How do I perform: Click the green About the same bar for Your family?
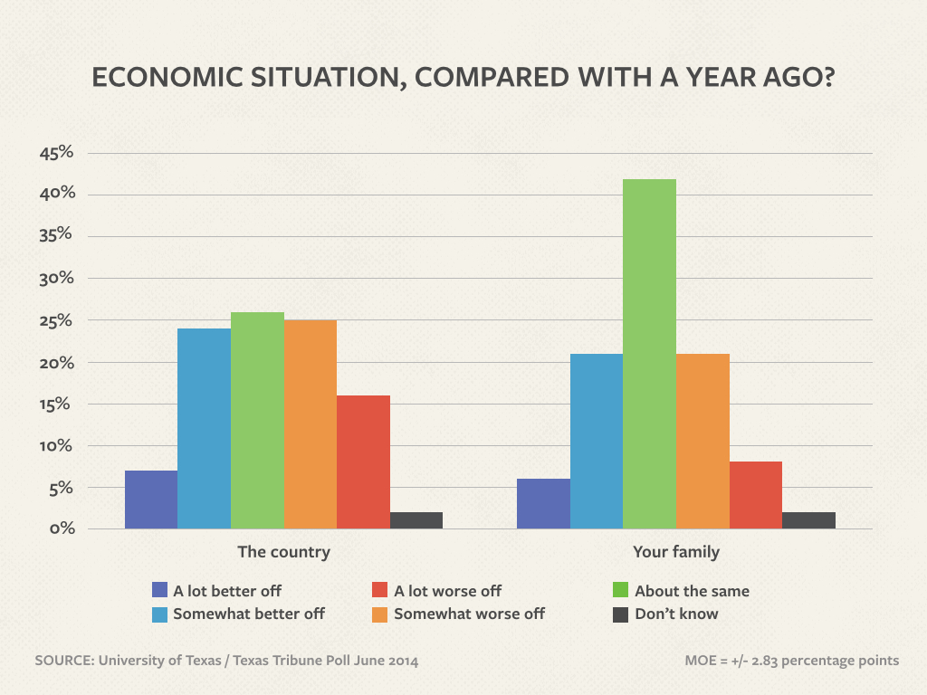pos(649,354)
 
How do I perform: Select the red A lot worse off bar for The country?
pos(363,462)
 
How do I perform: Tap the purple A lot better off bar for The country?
pos(151,500)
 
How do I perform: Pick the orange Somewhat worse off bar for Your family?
pos(702,441)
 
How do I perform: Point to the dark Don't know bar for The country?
pos(416,520)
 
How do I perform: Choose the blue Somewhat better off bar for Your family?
pos(597,441)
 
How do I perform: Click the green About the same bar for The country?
pos(257,421)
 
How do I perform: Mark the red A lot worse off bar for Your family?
pos(756,495)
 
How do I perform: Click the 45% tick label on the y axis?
pos(56,152)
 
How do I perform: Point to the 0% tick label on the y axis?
pos(60,528)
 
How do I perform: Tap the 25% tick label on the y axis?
pos(56,320)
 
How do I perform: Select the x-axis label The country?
pos(283,551)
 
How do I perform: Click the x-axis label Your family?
pos(675,551)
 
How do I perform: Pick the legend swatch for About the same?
pos(620,591)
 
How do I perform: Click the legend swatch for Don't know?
pos(620,614)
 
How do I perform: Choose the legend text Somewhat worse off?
pos(469,614)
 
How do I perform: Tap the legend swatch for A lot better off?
pos(160,591)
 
